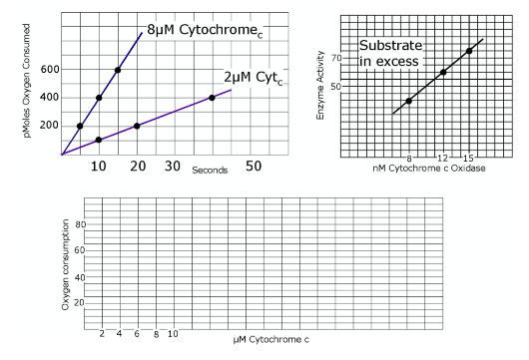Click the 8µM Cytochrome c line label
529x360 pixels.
[211, 30]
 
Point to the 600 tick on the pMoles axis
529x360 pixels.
[50, 69]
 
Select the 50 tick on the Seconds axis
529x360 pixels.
[255, 165]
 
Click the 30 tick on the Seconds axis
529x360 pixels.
[173, 165]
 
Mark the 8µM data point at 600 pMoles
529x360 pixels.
[118, 70]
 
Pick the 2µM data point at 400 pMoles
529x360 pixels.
[212, 98]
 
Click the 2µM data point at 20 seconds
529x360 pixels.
[137, 126]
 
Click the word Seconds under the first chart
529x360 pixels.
[211, 171]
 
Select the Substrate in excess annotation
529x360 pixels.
[391, 54]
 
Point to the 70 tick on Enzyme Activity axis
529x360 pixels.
[336, 59]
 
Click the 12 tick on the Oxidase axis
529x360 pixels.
[442, 159]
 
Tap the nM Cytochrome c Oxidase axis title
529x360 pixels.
[428, 169]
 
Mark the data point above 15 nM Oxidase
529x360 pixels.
[469, 51]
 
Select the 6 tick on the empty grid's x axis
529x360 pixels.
[137, 333]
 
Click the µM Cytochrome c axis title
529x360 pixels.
[270, 340]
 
